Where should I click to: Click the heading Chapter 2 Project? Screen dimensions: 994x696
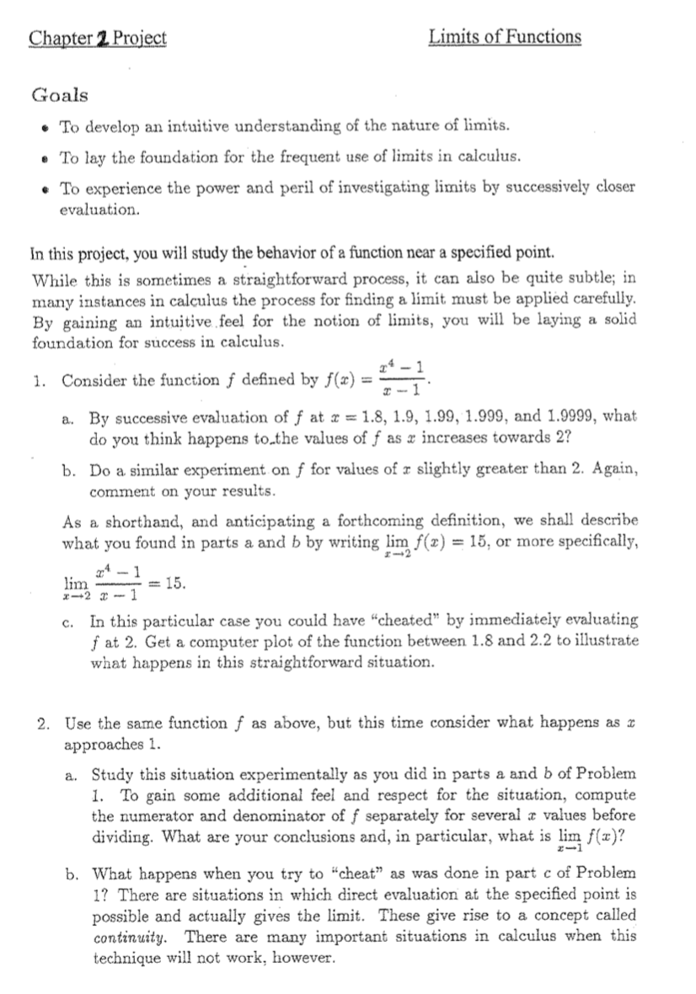tap(98, 37)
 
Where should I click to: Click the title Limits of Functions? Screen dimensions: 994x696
tap(505, 36)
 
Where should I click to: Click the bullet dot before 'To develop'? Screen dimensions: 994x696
tap(42, 127)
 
